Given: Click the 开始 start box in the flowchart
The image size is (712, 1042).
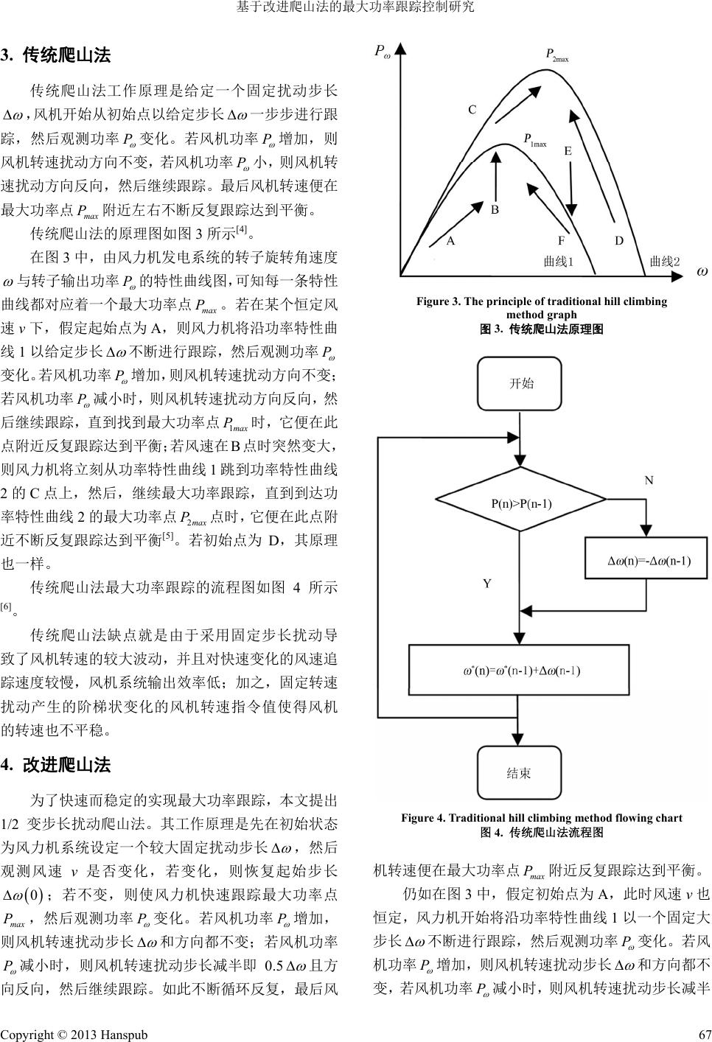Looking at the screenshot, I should [x=522, y=383].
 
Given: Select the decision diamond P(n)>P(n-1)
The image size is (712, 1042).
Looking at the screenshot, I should [x=521, y=504].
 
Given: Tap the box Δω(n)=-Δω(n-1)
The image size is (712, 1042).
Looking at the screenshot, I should [x=648, y=561].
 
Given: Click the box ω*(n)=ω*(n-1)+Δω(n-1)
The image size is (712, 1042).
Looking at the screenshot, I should [x=521, y=671].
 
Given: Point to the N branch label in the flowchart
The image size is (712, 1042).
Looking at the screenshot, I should [x=649, y=480].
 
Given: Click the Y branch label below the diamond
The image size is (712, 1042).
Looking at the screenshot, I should [x=487, y=584].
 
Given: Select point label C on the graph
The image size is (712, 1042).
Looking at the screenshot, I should [x=472, y=110].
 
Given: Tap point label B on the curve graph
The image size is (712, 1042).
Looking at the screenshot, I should [x=495, y=210].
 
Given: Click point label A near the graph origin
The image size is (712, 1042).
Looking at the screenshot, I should [x=450, y=241].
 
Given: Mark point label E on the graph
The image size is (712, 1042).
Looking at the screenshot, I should [x=568, y=151].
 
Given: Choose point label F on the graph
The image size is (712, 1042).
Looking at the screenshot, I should [x=561, y=241].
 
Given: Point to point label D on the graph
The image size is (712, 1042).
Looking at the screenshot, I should [x=619, y=241].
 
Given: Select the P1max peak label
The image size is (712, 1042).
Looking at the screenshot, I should [x=534, y=140].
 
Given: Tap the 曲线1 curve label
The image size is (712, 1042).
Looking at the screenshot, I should [x=558, y=262].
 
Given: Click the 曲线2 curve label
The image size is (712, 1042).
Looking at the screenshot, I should [x=665, y=262].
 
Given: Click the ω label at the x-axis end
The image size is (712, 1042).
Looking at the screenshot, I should [x=702, y=272].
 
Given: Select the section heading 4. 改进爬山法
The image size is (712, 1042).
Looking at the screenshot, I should [x=56, y=766].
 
